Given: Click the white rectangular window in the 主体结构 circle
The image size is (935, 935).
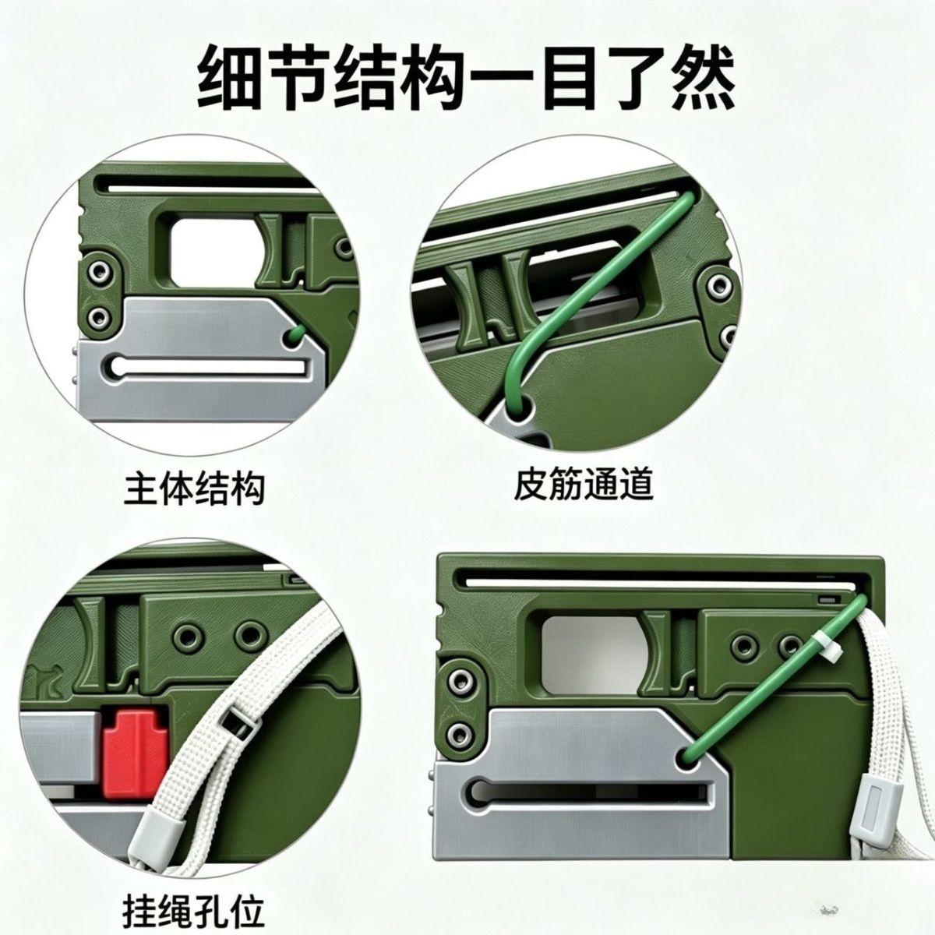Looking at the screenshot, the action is [x=213, y=251].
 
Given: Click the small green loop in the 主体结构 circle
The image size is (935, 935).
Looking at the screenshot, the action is [x=296, y=335].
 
